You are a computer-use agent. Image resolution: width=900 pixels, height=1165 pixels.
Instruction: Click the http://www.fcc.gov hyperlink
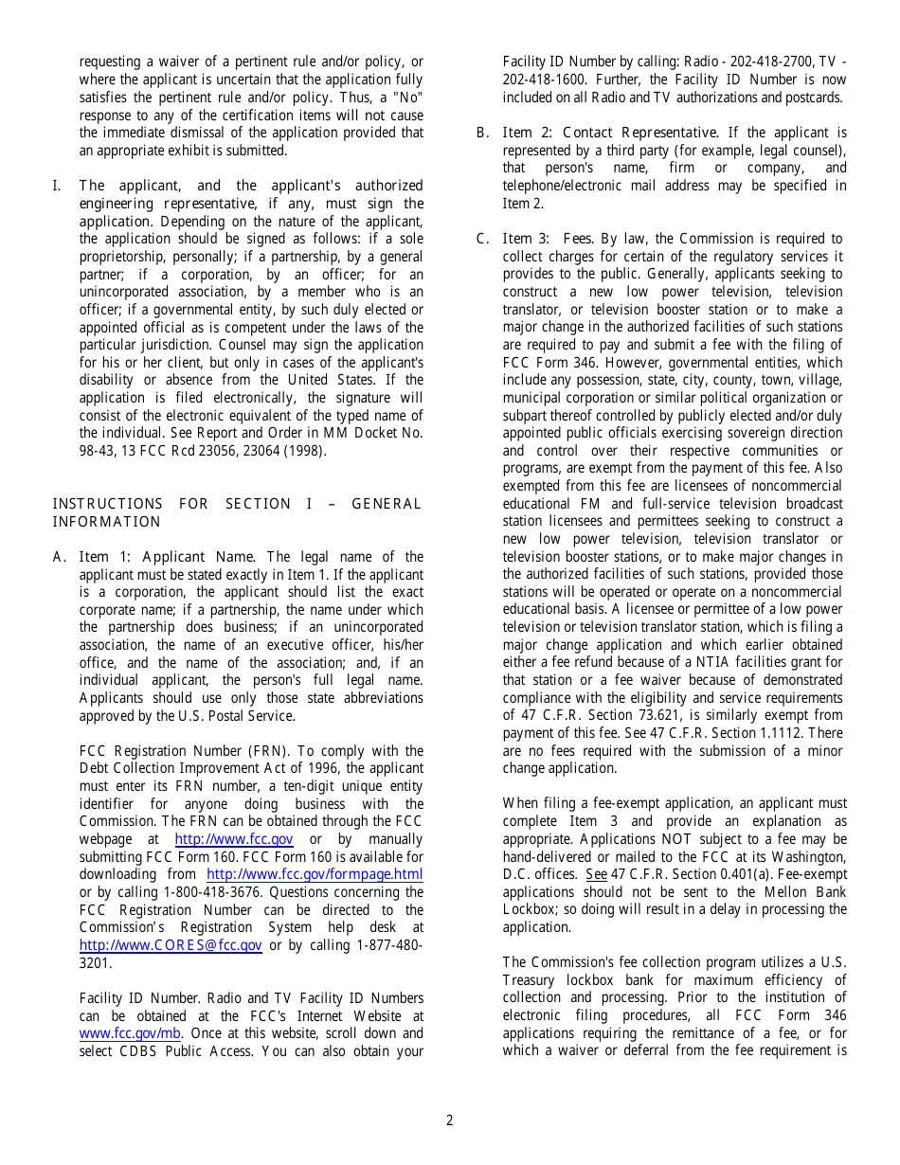point(234,839)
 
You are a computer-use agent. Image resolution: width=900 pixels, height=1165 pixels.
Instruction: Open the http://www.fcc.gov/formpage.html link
point(315,874)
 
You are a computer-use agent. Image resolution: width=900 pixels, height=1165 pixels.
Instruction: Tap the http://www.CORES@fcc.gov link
point(171,945)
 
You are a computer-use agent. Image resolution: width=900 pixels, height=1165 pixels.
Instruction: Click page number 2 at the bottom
point(449,1120)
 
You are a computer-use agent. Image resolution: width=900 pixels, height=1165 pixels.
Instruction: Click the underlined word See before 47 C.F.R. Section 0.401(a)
point(596,874)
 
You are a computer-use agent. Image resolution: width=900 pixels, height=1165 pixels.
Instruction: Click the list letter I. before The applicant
point(56,186)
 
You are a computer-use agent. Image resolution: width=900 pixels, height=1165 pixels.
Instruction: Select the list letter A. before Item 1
point(59,557)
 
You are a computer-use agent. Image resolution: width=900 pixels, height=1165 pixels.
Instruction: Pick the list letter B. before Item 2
point(482,133)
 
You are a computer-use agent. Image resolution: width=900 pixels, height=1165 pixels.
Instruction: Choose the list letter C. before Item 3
point(482,239)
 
